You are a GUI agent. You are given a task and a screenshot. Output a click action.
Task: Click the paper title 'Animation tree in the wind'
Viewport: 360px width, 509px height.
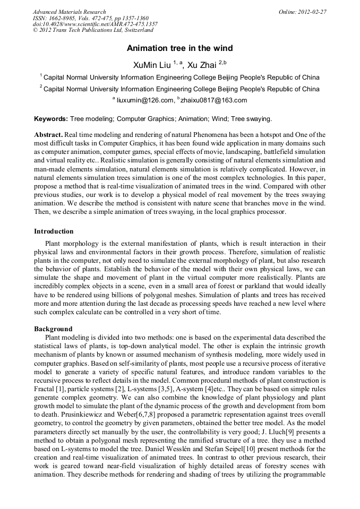click(179, 48)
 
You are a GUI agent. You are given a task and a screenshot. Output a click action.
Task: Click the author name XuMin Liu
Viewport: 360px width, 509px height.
click(152, 65)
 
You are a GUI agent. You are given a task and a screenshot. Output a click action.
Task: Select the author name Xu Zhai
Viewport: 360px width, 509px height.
click(202, 65)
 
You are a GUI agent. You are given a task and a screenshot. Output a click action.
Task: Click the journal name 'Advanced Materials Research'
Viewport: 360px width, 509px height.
click(69, 12)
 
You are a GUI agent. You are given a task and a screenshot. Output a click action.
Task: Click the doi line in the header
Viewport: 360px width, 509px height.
click(95, 24)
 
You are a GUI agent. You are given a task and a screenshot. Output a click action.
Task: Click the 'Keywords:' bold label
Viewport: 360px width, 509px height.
click(51, 119)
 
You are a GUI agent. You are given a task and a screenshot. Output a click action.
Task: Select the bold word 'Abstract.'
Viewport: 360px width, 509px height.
click(49, 135)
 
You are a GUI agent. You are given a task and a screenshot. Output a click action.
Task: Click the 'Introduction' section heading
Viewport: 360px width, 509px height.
click(54, 231)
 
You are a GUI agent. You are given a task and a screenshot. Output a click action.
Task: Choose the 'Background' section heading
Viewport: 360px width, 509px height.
click(53, 329)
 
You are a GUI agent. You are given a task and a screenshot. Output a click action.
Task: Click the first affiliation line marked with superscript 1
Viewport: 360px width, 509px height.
click(181, 77)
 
